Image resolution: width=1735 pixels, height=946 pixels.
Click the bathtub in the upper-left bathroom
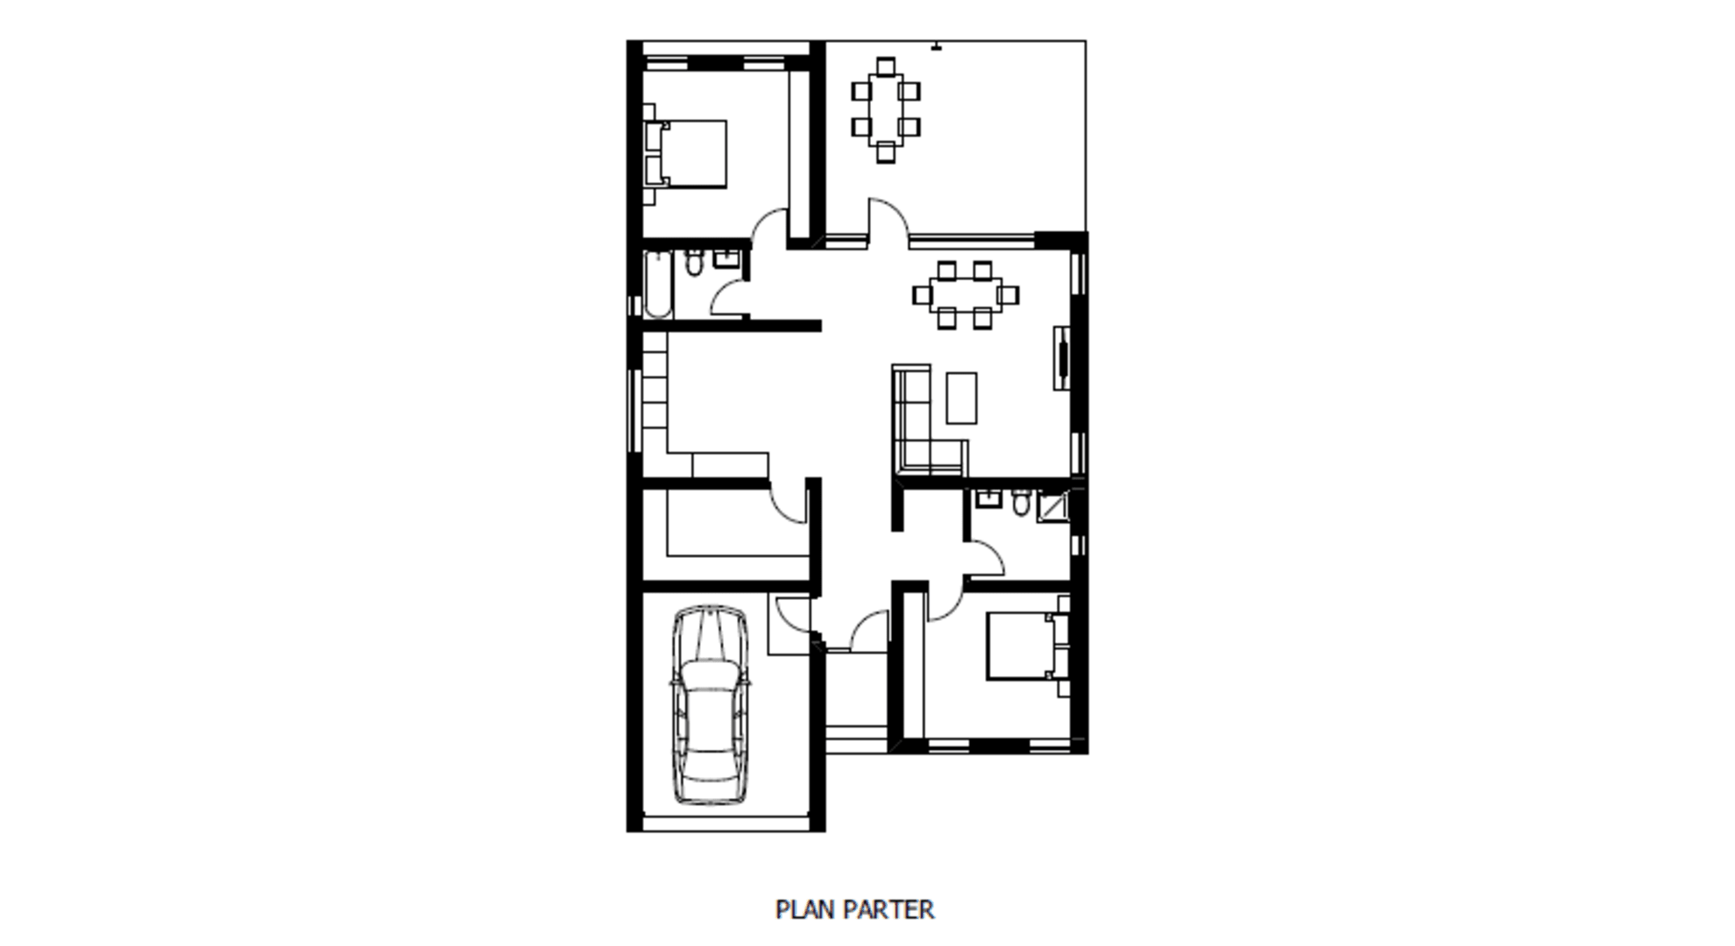point(657,285)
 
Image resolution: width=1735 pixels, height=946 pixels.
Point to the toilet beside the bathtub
point(695,262)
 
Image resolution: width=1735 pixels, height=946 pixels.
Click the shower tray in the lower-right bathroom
point(1053,507)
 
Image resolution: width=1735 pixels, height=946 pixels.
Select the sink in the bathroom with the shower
point(989,499)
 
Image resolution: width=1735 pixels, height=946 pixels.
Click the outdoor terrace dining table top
point(885,109)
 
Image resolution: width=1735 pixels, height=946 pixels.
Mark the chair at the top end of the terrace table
point(886,67)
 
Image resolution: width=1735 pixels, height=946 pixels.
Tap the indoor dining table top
point(965,294)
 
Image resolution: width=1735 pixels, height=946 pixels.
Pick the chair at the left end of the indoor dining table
point(922,295)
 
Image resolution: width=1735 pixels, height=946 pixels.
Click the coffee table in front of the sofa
point(961,399)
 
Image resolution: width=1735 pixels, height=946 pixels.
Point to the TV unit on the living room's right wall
point(1062,357)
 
